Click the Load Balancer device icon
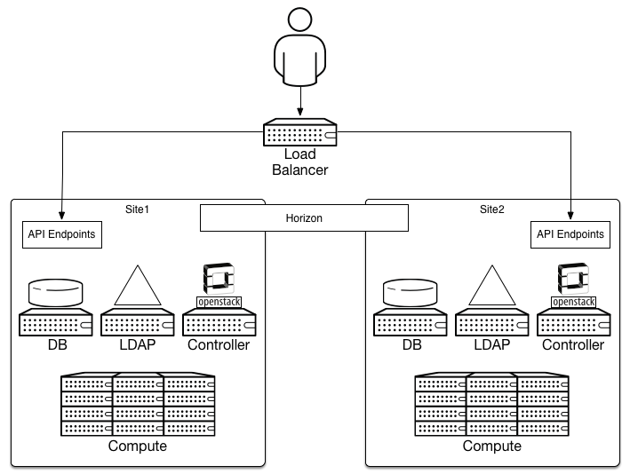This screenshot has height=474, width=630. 300,134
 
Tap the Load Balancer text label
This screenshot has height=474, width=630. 300,162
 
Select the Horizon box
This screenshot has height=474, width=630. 303,217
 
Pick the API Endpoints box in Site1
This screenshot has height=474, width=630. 60,235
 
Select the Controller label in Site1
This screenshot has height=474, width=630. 219,344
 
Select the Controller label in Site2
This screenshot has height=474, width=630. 573,344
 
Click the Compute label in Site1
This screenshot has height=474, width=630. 137,446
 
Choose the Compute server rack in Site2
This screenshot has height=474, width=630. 491,404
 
